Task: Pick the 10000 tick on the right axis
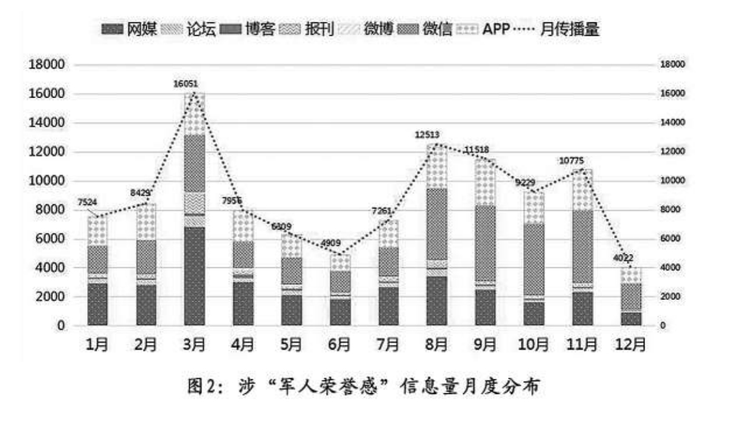672,181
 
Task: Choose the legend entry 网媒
129,29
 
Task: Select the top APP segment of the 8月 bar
437,166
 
